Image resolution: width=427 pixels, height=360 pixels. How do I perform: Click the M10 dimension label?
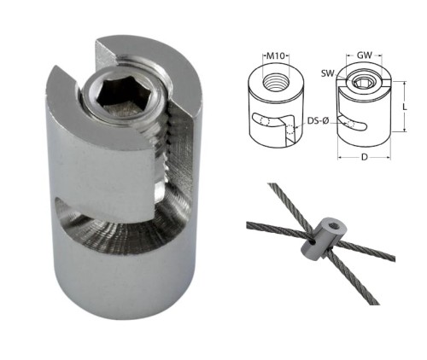(275, 55)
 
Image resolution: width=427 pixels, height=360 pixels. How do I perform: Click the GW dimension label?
(365, 55)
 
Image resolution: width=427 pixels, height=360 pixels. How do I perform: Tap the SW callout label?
(327, 73)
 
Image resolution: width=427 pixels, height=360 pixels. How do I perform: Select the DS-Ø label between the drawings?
(318, 121)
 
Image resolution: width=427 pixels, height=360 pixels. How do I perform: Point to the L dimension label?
(405, 107)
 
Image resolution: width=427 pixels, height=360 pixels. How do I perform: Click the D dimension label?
(365, 157)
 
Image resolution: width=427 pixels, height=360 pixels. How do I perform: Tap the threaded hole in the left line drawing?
(276, 82)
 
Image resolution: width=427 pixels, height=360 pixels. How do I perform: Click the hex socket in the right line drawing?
(362, 83)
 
